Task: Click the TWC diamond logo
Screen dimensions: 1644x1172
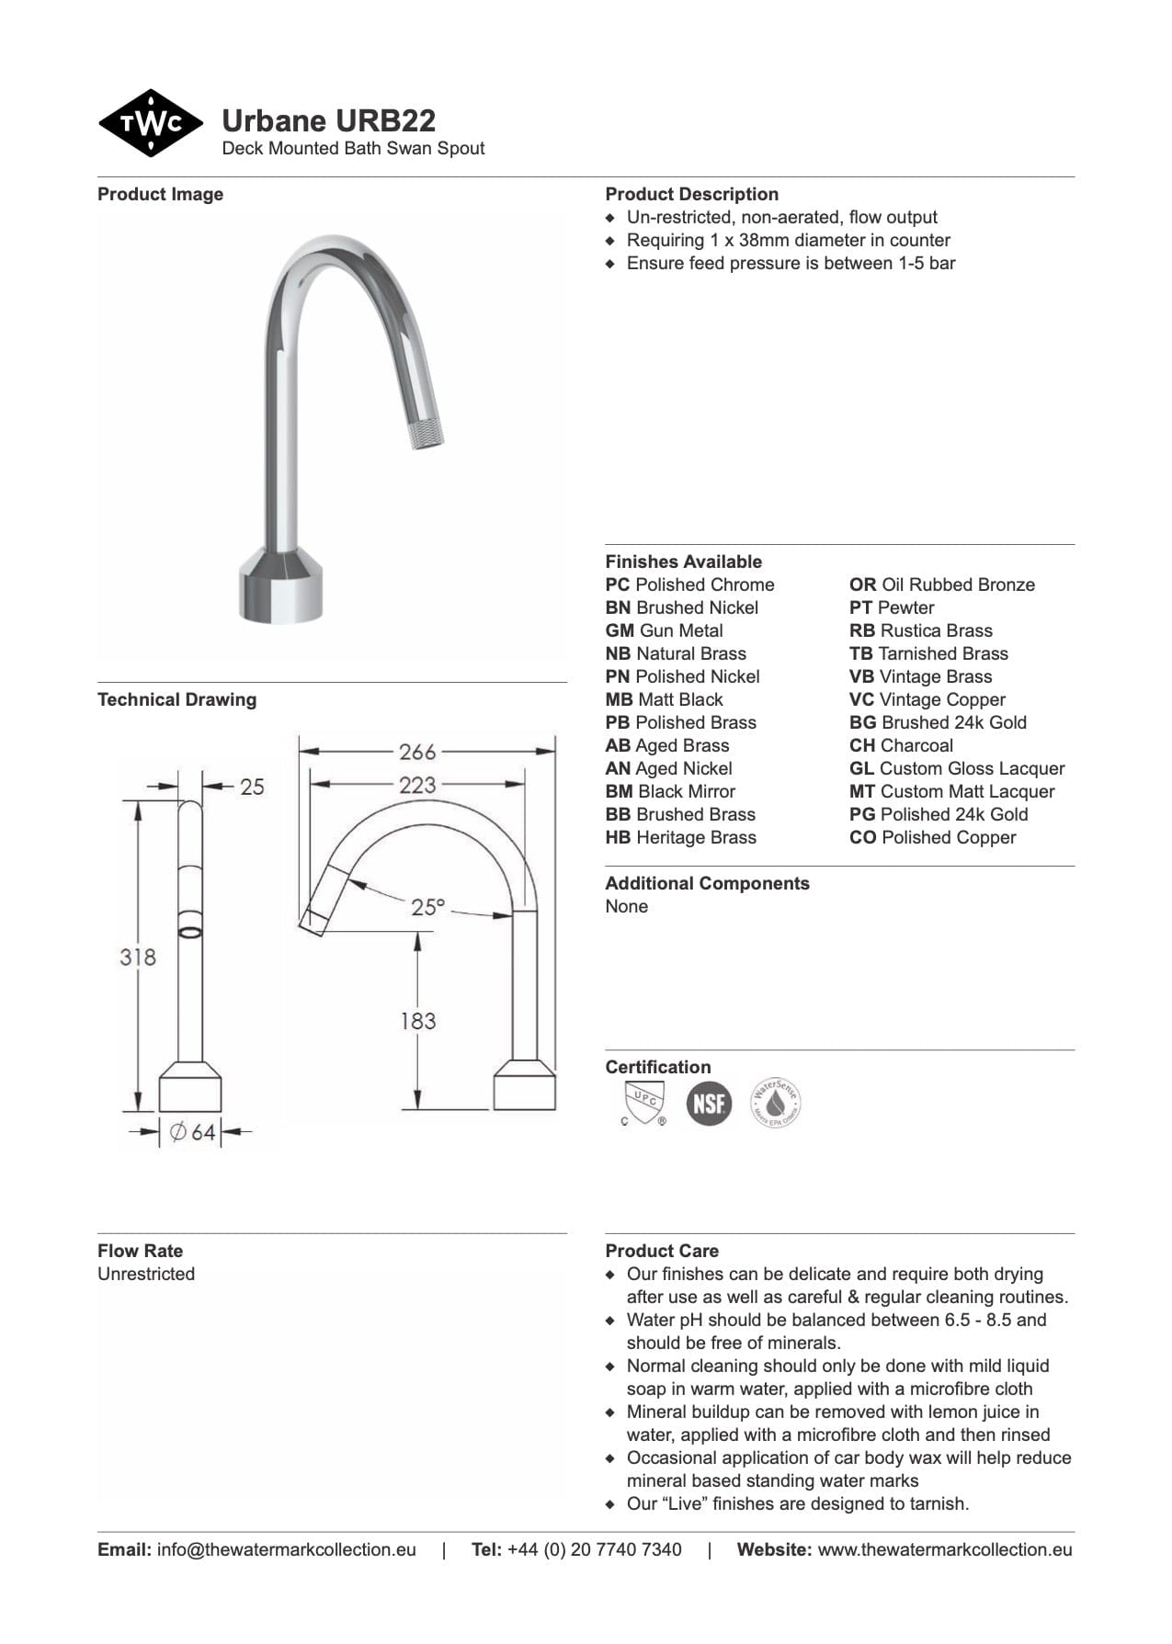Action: click(150, 123)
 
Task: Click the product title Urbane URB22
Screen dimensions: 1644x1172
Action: click(328, 121)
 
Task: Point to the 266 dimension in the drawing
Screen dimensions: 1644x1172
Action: click(416, 752)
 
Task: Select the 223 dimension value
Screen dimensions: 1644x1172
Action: click(416, 785)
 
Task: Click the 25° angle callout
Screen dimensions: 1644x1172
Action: click(427, 907)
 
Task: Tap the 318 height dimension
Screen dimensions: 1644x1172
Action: click(137, 958)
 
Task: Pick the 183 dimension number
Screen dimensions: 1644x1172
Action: click(417, 1021)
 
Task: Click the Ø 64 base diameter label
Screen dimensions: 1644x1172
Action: click(192, 1132)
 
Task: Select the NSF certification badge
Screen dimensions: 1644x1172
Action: click(709, 1104)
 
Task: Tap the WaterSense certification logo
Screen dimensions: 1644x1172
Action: click(775, 1103)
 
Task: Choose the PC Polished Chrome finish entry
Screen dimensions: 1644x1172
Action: click(689, 585)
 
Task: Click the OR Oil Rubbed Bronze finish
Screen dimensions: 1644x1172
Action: click(941, 585)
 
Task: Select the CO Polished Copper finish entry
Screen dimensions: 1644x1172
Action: click(932, 838)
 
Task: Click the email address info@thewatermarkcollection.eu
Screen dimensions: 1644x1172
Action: click(286, 1550)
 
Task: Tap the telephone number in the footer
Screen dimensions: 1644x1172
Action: click(594, 1550)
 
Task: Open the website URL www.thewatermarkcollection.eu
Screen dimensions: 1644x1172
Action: click(944, 1550)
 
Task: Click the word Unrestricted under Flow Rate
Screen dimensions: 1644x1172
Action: click(146, 1275)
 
